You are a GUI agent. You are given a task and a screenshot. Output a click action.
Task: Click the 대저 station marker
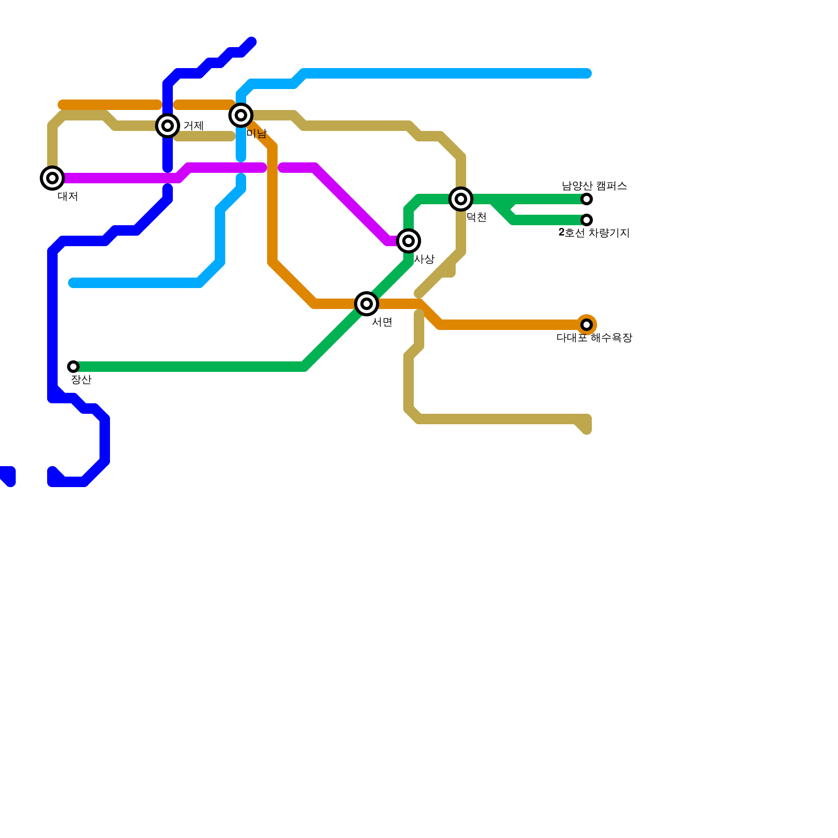point(52,178)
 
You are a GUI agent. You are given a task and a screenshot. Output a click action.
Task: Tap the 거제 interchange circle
point(168,126)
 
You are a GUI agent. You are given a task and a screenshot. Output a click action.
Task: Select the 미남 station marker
point(241,115)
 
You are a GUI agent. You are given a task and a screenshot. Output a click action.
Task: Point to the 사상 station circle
point(409,241)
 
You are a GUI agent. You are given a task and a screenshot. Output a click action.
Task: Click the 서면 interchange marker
point(367,304)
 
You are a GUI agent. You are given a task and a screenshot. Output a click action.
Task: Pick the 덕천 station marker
point(461,199)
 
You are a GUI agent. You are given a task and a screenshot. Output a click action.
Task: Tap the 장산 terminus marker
point(73,367)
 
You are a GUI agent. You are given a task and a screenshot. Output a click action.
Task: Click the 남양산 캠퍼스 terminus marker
point(587,199)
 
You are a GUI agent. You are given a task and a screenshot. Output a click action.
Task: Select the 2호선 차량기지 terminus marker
point(587,220)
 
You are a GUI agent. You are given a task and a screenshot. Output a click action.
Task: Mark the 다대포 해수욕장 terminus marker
point(587,325)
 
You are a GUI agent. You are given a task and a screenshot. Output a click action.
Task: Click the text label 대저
point(68,197)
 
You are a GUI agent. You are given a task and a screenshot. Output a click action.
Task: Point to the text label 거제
point(194,126)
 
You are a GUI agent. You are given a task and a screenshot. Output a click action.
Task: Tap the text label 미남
point(257,134)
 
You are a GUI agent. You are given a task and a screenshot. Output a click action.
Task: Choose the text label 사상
point(424,260)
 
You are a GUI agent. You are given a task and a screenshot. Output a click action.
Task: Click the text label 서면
point(382,323)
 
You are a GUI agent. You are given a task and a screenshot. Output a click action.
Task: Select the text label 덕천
point(477,218)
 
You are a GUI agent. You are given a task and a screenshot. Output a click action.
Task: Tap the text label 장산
point(81,380)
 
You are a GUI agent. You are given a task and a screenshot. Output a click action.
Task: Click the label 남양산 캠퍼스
point(594,186)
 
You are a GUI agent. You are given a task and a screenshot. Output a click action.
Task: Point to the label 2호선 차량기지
point(594,233)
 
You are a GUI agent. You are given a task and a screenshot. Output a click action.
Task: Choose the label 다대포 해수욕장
point(594,338)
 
